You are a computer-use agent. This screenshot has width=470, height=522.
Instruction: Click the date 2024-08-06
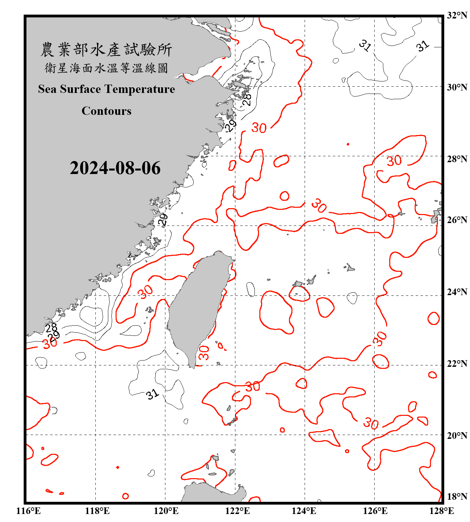pyautogui.click(x=115, y=168)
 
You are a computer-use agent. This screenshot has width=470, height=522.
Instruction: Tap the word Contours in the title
pyautogui.click(x=107, y=111)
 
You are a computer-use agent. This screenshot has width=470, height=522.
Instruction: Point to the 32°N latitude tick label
pyautogui.click(x=457, y=15)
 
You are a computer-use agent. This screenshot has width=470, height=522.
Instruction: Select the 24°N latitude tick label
pyautogui.click(x=457, y=292)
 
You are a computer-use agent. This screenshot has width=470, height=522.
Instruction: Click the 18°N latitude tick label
pyautogui.click(x=457, y=496)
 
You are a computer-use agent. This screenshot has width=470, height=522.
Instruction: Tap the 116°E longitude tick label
pyautogui.click(x=29, y=511)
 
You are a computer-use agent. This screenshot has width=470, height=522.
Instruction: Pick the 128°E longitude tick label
pyautogui.click(x=441, y=511)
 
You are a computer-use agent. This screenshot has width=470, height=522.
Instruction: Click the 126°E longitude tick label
pyautogui.click(x=375, y=511)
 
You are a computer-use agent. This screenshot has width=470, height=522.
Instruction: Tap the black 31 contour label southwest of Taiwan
pyautogui.click(x=152, y=394)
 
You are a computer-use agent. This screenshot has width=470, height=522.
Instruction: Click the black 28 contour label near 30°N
pyautogui.click(x=246, y=99)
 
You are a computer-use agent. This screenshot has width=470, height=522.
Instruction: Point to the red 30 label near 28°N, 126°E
pyautogui.click(x=394, y=161)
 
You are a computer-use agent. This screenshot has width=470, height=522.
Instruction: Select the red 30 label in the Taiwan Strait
pyautogui.click(x=146, y=292)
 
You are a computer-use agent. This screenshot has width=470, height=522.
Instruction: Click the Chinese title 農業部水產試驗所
pyautogui.click(x=107, y=50)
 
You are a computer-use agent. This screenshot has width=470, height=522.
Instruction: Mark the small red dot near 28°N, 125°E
pyautogui.click(x=348, y=144)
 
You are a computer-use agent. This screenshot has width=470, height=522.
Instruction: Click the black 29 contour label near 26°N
pyautogui.click(x=163, y=219)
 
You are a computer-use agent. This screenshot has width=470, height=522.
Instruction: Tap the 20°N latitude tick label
pyautogui.click(x=457, y=435)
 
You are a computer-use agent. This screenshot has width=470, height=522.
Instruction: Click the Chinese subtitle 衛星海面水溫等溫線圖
pyautogui.click(x=107, y=68)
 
